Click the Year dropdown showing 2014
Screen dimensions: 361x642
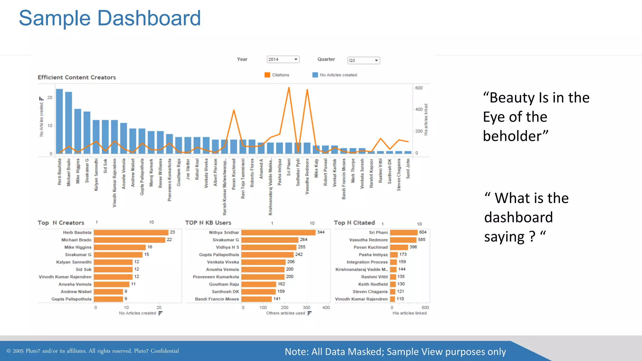(x=283, y=59)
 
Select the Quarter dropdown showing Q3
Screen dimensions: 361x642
(x=364, y=60)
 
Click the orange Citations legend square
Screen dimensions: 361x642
(x=267, y=75)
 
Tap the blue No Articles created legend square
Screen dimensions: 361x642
(x=315, y=75)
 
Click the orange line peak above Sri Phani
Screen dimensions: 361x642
(x=289, y=88)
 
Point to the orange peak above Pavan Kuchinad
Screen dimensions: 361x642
(x=234, y=111)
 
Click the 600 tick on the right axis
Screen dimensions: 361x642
(x=419, y=88)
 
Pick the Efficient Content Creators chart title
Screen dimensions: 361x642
(x=77, y=77)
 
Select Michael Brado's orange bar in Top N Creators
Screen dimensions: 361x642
(x=129, y=240)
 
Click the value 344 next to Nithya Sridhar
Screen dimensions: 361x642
(x=321, y=232)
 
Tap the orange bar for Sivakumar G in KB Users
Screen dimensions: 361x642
(x=270, y=240)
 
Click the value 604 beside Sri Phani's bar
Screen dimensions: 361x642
(x=423, y=232)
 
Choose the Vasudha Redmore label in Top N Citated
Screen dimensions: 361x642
(x=368, y=240)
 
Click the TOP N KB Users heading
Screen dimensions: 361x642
(x=208, y=223)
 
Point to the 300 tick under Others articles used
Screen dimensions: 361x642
(x=306, y=307)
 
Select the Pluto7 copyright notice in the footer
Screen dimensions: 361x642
(x=93, y=351)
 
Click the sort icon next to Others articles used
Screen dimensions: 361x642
(x=309, y=313)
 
